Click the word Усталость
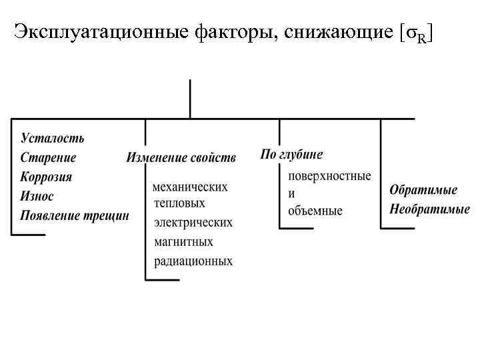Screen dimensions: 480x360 [x=53, y=139]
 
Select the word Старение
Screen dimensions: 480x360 [x=48, y=158]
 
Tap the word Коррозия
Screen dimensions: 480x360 [x=46, y=177]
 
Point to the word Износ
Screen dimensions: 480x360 [x=37, y=197]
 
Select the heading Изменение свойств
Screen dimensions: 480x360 [x=181, y=158]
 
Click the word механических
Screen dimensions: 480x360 [x=189, y=187]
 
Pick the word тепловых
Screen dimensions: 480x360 [x=179, y=203]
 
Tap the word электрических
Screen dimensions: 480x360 [x=193, y=223]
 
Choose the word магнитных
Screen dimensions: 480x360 [x=183, y=241]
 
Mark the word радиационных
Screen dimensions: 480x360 [x=193, y=261]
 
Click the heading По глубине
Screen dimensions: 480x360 [x=291, y=155]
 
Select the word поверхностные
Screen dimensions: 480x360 [x=329, y=176]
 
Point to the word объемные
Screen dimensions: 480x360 [x=315, y=211]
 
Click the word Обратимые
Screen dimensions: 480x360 [x=423, y=190]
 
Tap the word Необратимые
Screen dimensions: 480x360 [x=429, y=209]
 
